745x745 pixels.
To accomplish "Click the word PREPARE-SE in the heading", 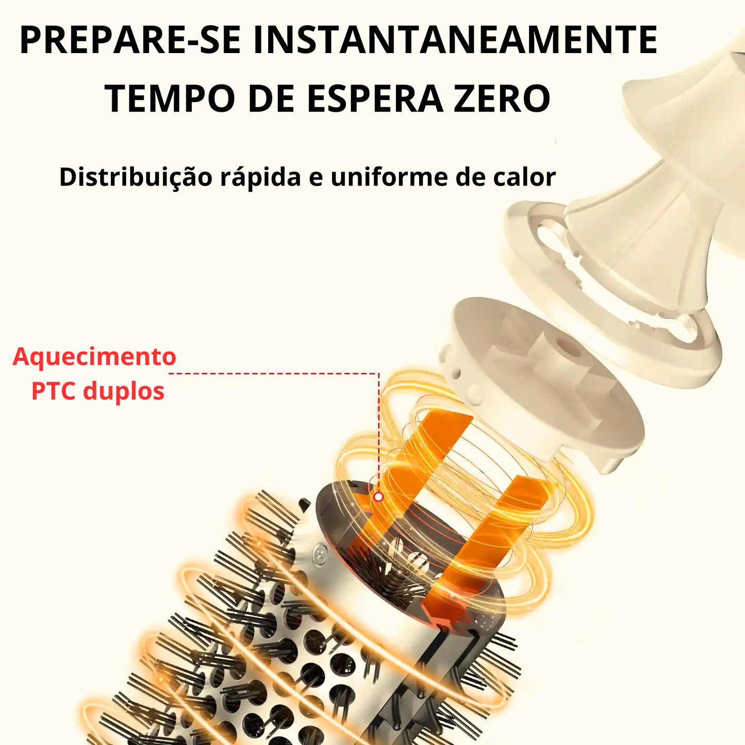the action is coord(130,40).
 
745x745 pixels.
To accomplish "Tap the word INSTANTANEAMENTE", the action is coord(455,40).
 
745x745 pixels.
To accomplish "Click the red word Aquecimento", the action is coord(94,357).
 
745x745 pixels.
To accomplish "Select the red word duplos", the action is coord(124,392).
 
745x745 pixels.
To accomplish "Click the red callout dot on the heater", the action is coord(378,497).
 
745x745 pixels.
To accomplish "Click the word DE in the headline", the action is coord(271,98).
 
